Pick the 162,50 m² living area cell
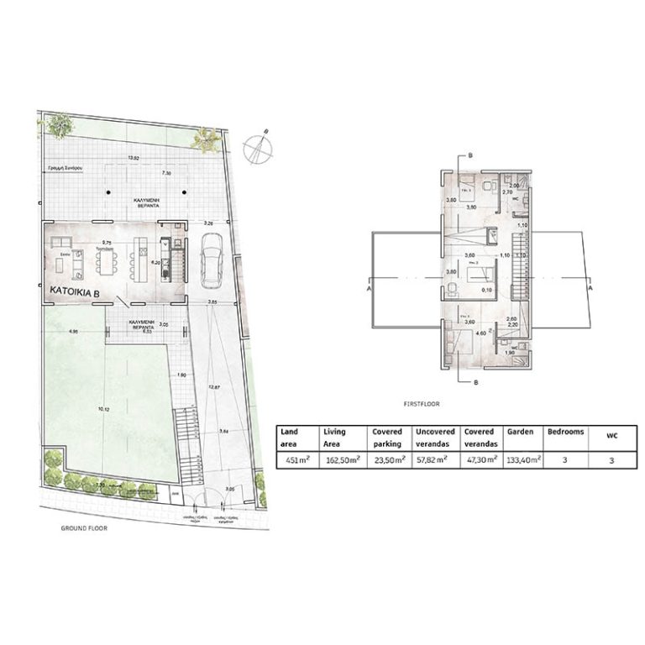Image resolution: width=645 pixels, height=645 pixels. click(341, 459)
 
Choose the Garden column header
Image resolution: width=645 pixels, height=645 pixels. click(521, 431)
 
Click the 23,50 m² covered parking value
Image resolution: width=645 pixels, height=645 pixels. click(387, 459)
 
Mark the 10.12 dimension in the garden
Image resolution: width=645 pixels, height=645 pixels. click(102, 410)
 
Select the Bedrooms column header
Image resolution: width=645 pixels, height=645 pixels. click(565, 431)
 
